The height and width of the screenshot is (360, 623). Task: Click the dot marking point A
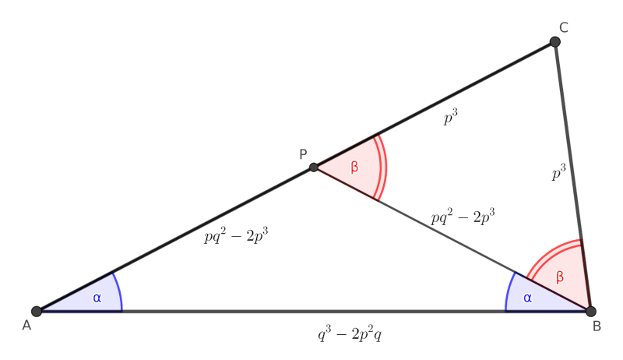click(36, 311)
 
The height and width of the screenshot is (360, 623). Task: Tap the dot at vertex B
click(591, 311)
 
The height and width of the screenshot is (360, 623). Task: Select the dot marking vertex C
click(555, 41)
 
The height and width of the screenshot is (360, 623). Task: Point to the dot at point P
click(313, 167)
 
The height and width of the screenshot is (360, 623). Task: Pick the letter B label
click(597, 326)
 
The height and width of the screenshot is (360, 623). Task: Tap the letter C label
click(563, 26)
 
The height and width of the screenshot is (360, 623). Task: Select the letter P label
click(304, 154)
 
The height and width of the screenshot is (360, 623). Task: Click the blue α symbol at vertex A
click(97, 297)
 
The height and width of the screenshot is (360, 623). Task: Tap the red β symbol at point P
click(355, 168)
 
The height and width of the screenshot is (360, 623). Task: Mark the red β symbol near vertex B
click(559, 277)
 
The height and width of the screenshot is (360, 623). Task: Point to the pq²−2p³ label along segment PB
click(464, 216)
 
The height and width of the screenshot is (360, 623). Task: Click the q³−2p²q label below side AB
click(348, 334)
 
